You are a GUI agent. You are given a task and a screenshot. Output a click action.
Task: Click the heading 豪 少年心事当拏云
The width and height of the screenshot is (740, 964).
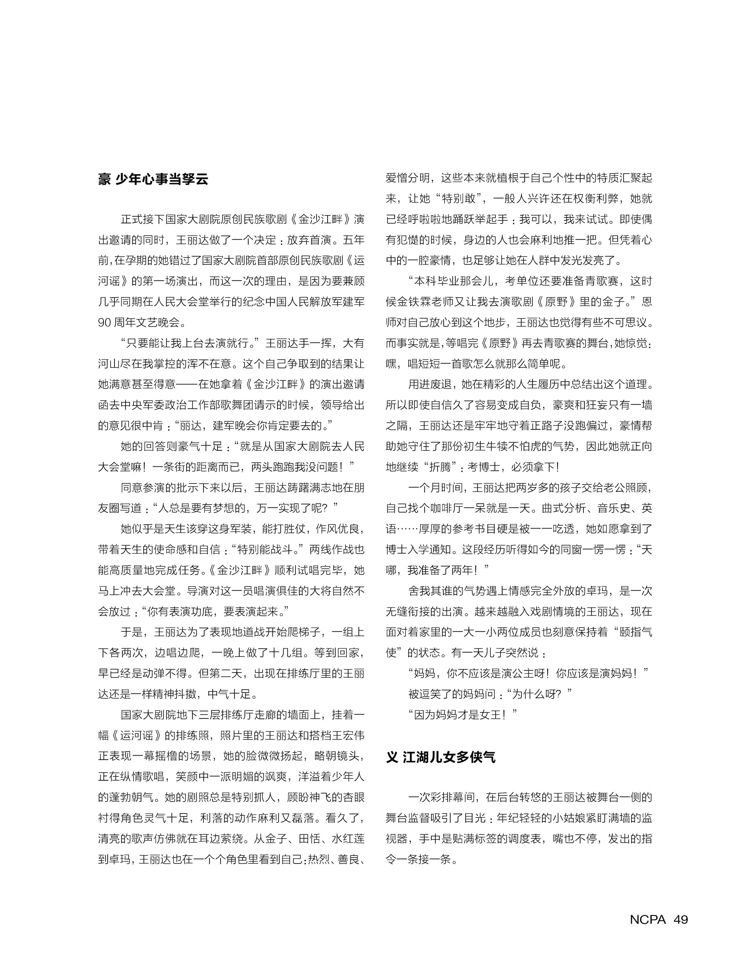click(x=153, y=179)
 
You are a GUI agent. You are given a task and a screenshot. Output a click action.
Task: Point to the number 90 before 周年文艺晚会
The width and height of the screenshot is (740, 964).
click(x=104, y=322)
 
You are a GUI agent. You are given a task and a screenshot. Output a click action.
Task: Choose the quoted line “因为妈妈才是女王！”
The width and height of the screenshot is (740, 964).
click(x=463, y=715)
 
